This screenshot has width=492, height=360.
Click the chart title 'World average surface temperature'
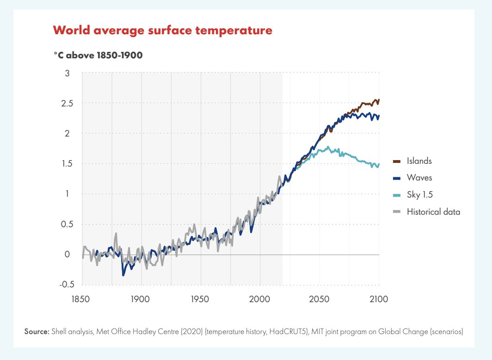click(x=163, y=31)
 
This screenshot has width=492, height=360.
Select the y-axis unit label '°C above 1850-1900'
click(x=98, y=55)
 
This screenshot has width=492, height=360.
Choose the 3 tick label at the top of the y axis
click(x=67, y=73)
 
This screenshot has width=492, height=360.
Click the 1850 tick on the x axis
click(x=82, y=299)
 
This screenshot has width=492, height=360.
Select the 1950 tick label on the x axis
click(x=201, y=299)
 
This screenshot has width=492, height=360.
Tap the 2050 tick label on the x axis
click(x=320, y=299)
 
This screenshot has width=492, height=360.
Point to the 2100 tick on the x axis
click(x=379, y=299)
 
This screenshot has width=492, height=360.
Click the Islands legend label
click(x=419, y=161)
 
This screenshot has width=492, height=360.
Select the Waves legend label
click(x=419, y=178)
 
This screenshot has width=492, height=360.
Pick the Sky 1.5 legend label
click(x=419, y=195)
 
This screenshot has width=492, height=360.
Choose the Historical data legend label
click(x=433, y=212)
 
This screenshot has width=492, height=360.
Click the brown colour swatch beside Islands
click(x=396, y=161)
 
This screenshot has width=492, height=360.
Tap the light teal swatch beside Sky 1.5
click(x=396, y=195)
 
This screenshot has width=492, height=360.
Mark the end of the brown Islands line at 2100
click(x=379, y=100)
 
